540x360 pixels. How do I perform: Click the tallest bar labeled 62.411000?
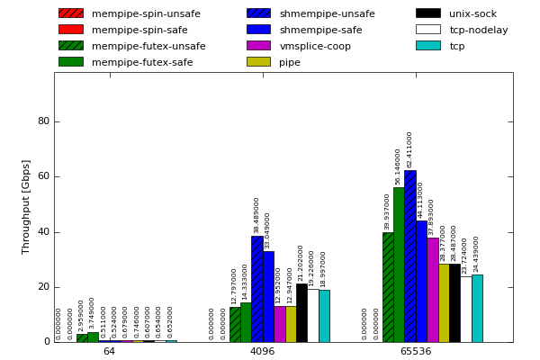click(x=409, y=256)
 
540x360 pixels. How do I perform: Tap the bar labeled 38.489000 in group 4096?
click(x=256, y=289)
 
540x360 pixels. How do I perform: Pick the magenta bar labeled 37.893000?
click(x=432, y=290)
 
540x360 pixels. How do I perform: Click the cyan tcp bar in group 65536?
click(x=477, y=309)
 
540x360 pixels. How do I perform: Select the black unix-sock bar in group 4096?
click(x=301, y=313)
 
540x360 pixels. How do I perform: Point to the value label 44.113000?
click(x=420, y=200)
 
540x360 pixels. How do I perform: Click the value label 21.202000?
click(x=301, y=264)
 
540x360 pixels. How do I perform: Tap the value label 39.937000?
click(x=387, y=211)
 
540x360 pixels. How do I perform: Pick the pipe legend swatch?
click(x=258, y=62)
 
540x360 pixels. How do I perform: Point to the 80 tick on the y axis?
click(x=43, y=121)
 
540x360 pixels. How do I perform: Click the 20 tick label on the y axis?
click(x=43, y=287)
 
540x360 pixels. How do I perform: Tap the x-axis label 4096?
click(x=262, y=351)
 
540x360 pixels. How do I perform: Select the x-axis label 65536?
click(x=415, y=351)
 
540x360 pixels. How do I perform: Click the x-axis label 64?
click(x=109, y=351)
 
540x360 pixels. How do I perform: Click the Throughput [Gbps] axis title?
click(x=27, y=207)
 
